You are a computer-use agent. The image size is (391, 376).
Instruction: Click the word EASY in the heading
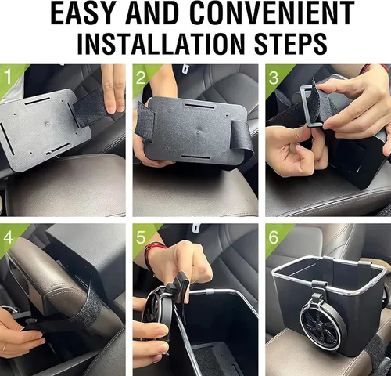[84, 13]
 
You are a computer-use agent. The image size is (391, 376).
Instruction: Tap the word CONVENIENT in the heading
[274, 13]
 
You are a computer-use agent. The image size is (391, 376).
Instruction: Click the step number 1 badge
[9, 77]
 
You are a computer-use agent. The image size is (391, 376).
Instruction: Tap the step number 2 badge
[141, 78]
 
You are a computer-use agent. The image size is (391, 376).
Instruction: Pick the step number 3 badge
[274, 78]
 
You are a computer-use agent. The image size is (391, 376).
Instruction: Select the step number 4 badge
[8, 237]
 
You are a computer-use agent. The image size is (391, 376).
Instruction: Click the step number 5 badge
[141, 237]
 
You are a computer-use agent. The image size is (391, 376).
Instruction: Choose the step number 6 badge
[274, 237]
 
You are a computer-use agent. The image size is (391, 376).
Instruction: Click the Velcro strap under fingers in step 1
[91, 108]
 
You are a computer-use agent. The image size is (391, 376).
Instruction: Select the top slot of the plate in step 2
[199, 107]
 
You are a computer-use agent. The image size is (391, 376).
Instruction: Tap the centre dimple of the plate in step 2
[199, 132]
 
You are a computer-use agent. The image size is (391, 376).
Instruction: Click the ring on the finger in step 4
[5, 347]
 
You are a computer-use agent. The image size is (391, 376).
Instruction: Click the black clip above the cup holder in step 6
[318, 291]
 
